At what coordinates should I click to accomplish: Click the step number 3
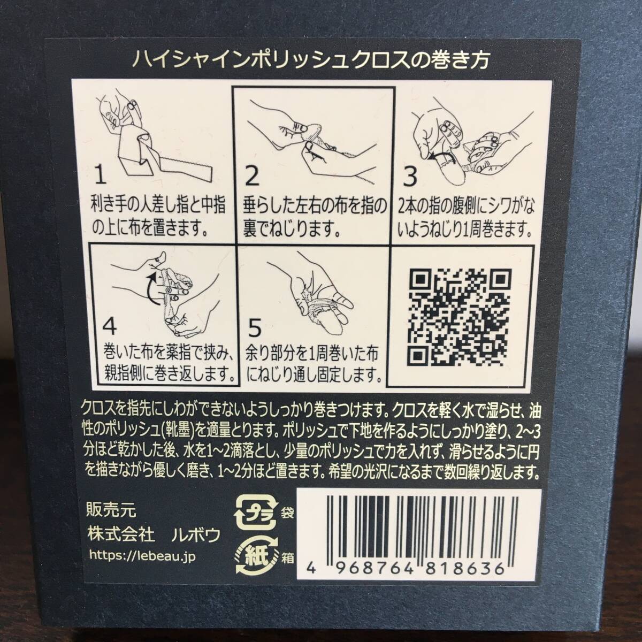pyautogui.click(x=410, y=175)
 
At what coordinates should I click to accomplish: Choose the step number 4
pyautogui.click(x=108, y=326)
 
